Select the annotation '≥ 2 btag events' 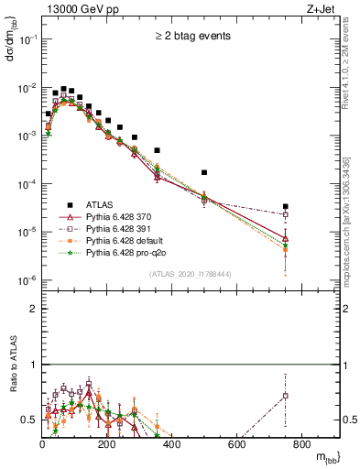(x=191, y=37)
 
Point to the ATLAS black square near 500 (x=204, y=172)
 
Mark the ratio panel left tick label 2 (x=33, y=309)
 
